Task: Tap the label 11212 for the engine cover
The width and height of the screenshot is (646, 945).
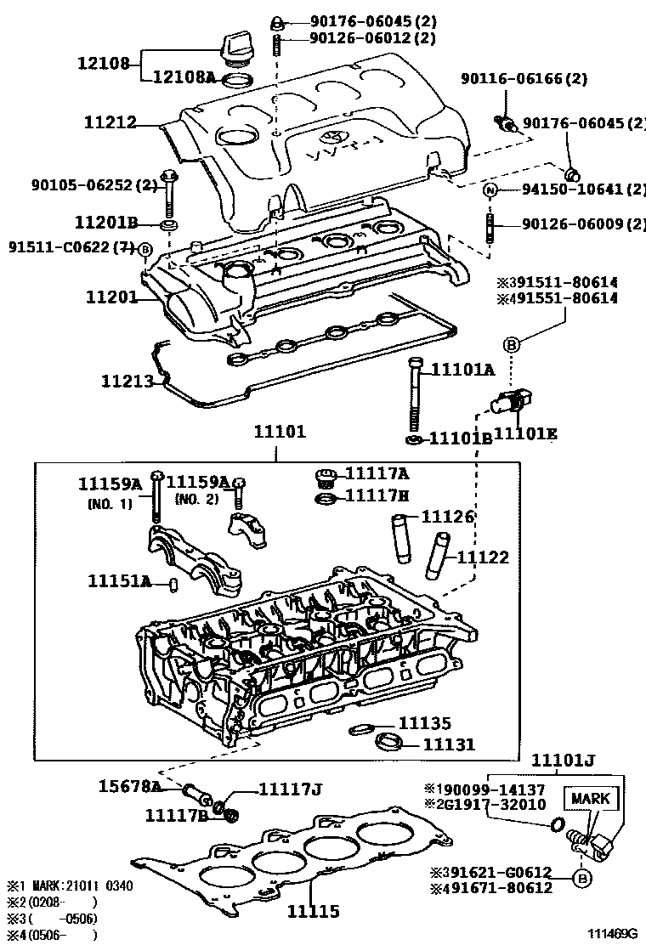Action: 110,123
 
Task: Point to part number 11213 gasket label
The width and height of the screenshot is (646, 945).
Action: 128,382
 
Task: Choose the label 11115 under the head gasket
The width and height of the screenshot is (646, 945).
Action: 313,911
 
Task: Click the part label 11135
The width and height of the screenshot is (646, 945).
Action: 424,723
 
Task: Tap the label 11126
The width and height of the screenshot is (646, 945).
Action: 448,517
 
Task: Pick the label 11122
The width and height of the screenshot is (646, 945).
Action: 483,557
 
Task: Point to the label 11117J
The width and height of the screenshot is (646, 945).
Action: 289,789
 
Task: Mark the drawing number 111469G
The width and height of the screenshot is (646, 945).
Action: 607,933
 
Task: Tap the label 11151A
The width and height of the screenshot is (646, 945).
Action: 120,581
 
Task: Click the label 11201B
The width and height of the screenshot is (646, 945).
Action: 106,223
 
